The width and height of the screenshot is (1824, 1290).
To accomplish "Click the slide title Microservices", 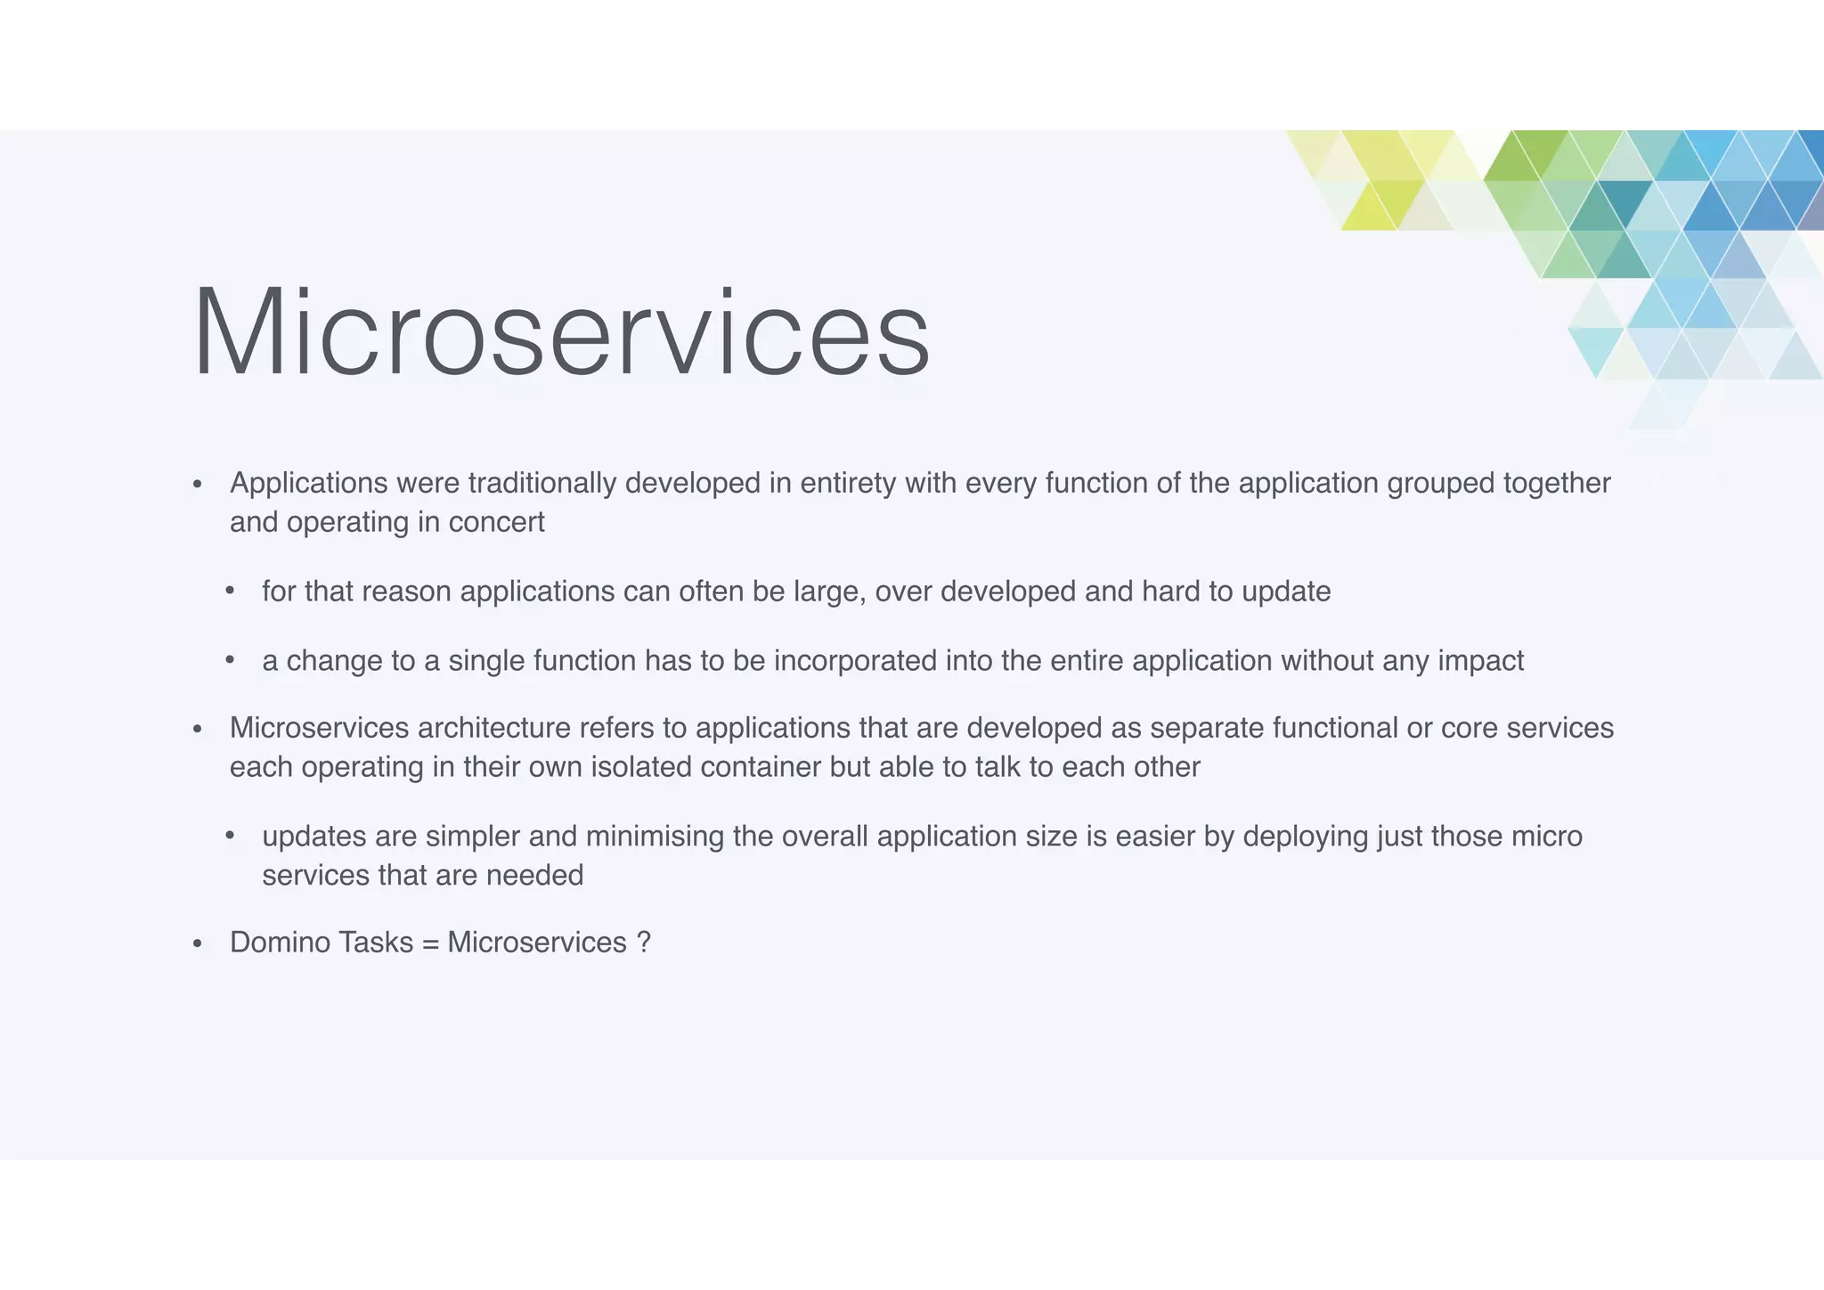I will click(x=561, y=331).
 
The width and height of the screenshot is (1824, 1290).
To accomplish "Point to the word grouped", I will click(x=1440, y=483).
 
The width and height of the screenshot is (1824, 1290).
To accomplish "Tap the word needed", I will click(x=534, y=875).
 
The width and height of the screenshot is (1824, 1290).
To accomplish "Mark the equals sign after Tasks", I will click(x=431, y=943).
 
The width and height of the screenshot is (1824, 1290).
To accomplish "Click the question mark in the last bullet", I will click(x=644, y=943).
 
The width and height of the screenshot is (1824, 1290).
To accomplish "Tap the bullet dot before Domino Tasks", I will click(x=198, y=943).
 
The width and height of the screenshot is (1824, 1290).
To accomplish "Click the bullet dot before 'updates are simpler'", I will click(x=230, y=837).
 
